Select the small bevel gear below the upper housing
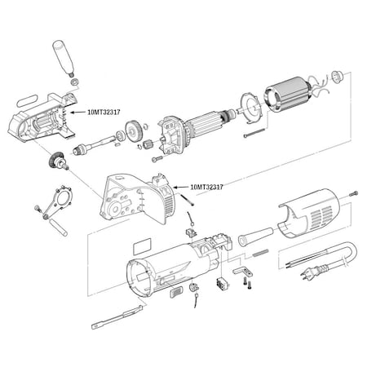[58, 161]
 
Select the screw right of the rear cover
[353, 192]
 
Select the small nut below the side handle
[74, 82]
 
